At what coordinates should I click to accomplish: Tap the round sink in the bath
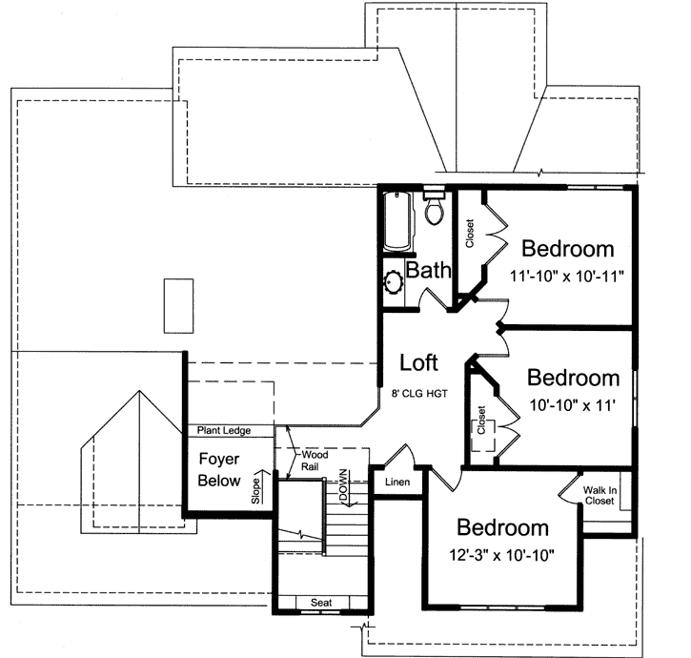[x=395, y=283]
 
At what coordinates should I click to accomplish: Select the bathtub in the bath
[x=396, y=221]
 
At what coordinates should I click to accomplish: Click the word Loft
[x=418, y=362]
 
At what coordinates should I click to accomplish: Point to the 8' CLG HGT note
[x=418, y=393]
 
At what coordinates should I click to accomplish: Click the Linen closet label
[x=396, y=483]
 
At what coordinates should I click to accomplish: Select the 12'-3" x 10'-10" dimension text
[x=503, y=554]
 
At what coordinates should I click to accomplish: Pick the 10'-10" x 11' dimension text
[x=572, y=404]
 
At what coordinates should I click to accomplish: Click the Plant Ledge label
[x=225, y=431]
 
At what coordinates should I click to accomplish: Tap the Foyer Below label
[x=218, y=470]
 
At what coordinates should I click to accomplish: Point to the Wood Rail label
[x=315, y=462]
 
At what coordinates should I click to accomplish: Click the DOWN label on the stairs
[x=342, y=485]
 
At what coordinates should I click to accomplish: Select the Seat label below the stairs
[x=321, y=603]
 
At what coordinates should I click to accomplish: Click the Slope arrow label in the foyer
[x=255, y=488]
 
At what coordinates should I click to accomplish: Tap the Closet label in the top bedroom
[x=470, y=235]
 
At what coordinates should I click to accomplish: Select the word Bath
[x=428, y=271]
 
